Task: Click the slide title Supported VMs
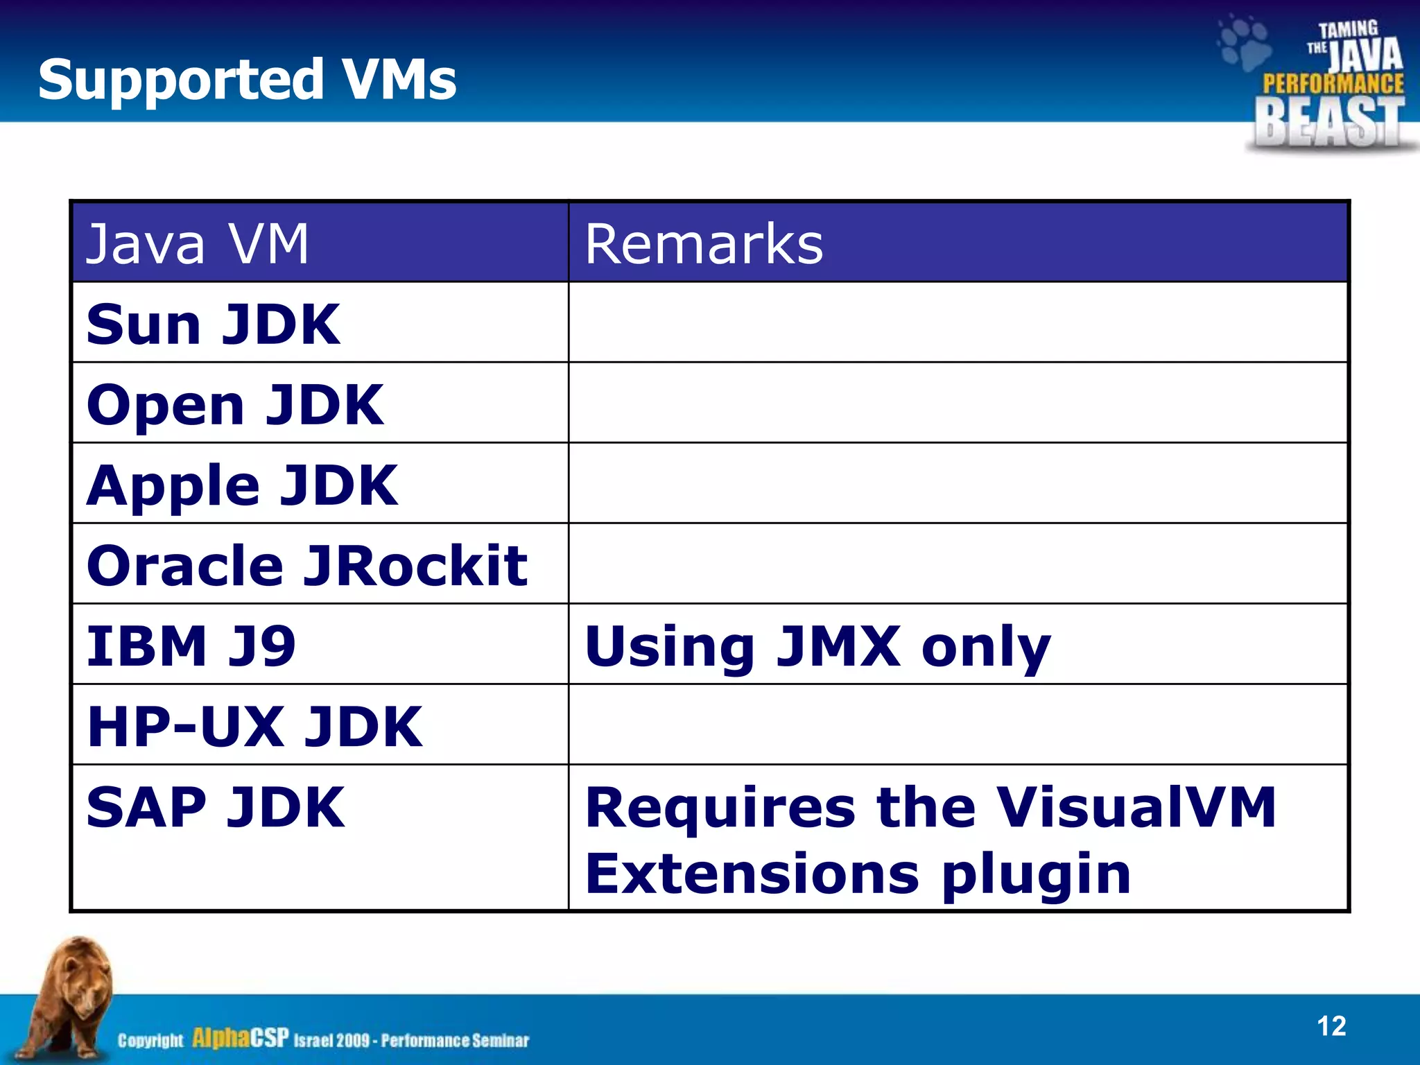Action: (247, 80)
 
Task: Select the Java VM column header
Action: (197, 244)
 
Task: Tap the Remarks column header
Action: (704, 244)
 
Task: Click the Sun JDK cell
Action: (213, 324)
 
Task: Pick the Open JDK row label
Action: (234, 405)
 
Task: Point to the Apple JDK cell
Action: (242, 485)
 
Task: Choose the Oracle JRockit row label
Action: (306, 566)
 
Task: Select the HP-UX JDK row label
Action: (254, 727)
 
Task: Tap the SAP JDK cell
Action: (216, 807)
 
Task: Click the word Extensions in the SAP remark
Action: (752, 874)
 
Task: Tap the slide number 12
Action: (1331, 1026)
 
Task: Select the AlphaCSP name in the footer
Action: (240, 1039)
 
